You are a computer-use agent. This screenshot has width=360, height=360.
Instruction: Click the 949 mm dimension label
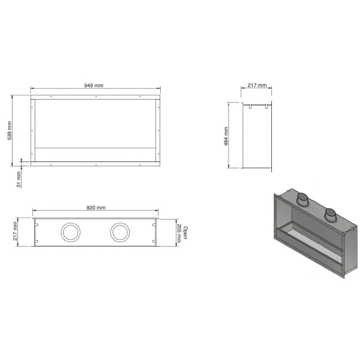click(94, 86)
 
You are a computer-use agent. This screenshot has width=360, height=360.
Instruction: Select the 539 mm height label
click(9, 131)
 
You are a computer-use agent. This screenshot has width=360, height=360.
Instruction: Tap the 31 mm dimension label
click(19, 179)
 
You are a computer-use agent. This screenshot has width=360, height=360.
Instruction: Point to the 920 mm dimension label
click(95, 208)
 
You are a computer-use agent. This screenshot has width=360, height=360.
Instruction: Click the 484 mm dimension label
click(226, 136)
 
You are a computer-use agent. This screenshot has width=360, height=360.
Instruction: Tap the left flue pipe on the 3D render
click(304, 200)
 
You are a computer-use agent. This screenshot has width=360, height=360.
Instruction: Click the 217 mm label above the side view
click(256, 86)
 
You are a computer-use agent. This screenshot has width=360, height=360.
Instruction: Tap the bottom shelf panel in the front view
click(95, 153)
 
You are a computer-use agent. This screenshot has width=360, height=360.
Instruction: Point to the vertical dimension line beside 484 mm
click(230, 135)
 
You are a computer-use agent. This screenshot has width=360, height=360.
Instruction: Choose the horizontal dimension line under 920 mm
click(95, 212)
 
